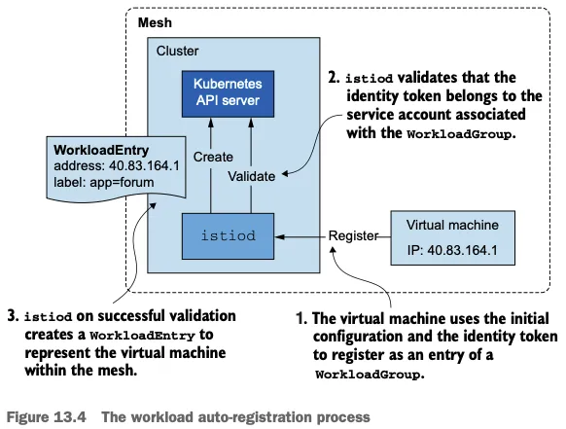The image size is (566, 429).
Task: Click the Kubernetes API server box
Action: click(228, 94)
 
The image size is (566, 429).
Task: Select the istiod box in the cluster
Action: click(228, 236)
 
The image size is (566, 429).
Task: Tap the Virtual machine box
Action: click(452, 238)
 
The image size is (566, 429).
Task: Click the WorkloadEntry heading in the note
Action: click(101, 150)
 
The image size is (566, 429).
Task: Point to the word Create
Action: click(213, 157)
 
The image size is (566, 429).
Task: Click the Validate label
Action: click(252, 176)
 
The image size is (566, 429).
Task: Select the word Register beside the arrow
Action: click(353, 235)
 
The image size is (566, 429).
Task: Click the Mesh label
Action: click(155, 22)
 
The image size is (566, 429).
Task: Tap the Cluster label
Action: click(177, 51)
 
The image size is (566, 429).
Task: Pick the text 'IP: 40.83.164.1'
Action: click(452, 250)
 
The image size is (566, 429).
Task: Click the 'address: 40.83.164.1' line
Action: click(117, 165)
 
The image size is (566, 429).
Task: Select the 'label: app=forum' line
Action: click(104, 182)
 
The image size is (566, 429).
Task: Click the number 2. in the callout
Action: click(334, 78)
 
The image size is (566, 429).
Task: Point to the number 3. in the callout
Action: click(13, 316)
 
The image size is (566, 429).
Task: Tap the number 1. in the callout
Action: click(301, 318)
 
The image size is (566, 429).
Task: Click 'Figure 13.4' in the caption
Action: click(47, 417)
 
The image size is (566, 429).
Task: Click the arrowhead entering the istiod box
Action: click(280, 237)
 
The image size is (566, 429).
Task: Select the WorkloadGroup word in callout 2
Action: click(459, 134)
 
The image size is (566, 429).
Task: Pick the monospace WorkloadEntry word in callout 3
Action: click(143, 336)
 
